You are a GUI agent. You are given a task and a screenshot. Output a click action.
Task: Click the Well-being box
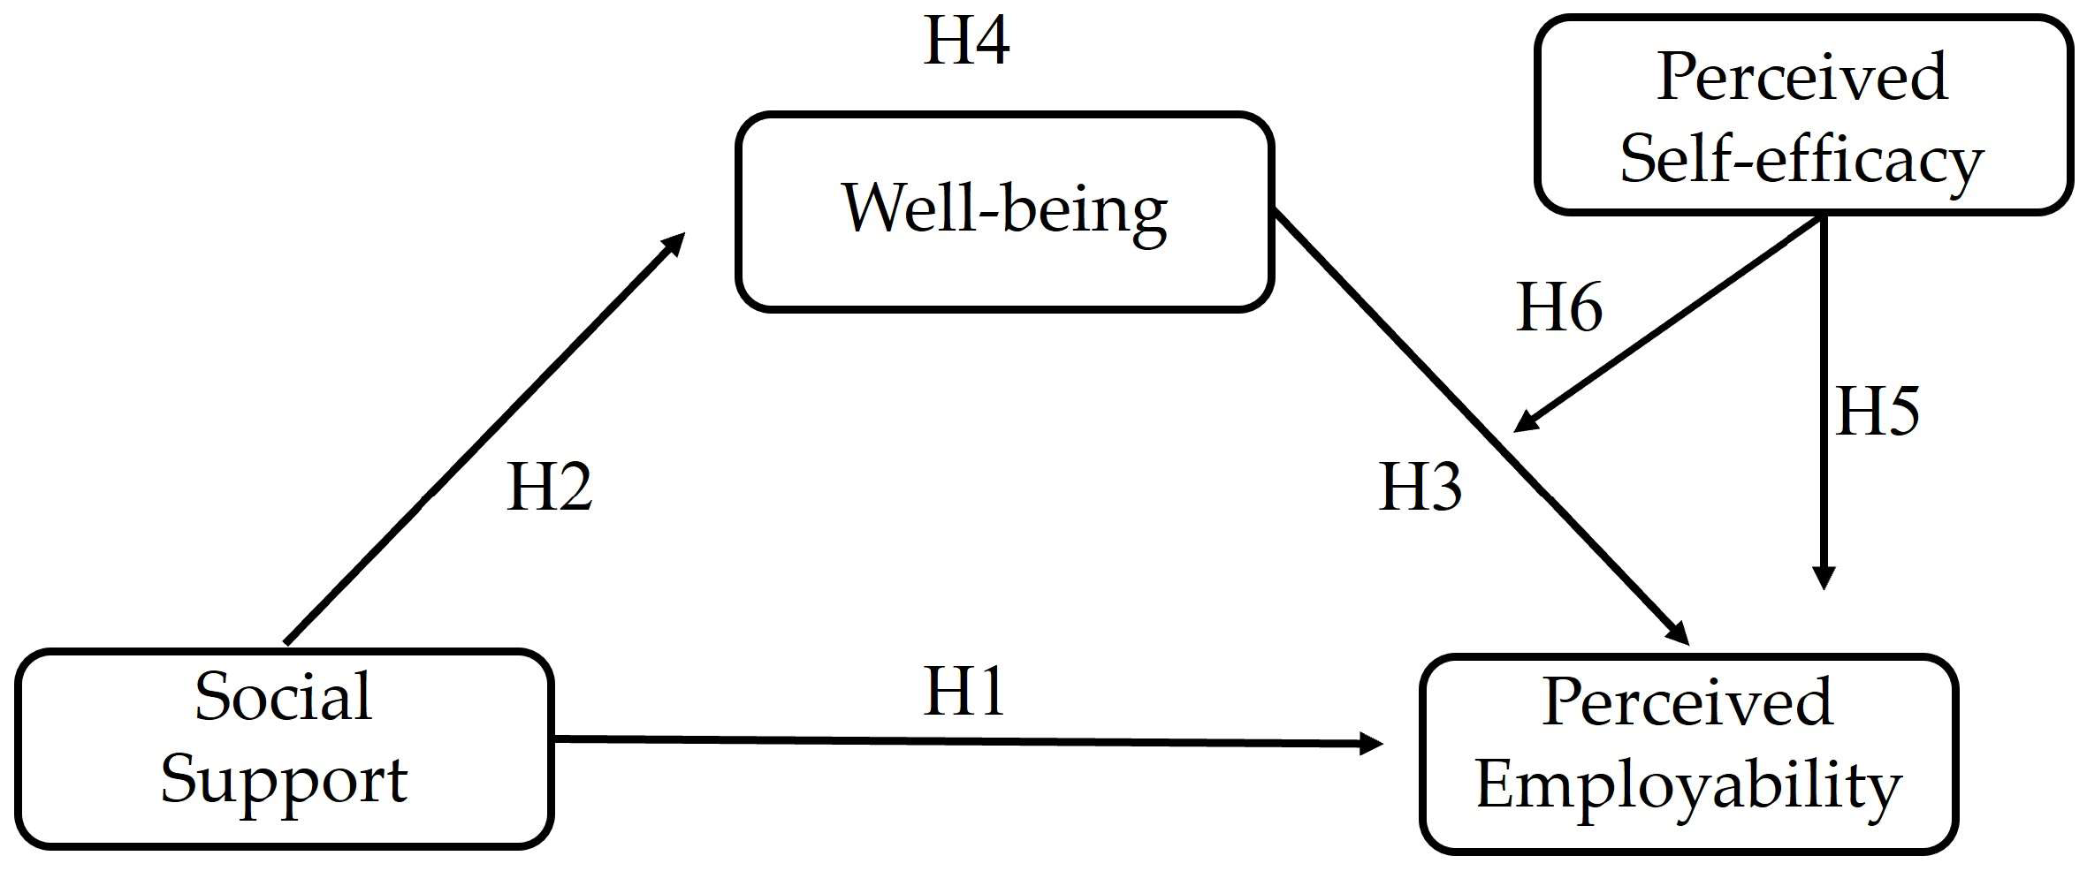pyautogui.click(x=1004, y=212)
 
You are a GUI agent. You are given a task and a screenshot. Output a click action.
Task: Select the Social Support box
pyautogui.click(x=284, y=749)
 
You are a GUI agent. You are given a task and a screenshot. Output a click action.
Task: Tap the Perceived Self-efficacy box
pyautogui.click(x=1803, y=115)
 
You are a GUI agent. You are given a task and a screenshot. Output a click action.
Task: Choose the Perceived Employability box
pyautogui.click(x=1688, y=754)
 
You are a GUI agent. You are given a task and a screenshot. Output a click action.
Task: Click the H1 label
pyautogui.click(x=964, y=693)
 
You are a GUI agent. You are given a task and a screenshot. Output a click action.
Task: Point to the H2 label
pyautogui.click(x=549, y=488)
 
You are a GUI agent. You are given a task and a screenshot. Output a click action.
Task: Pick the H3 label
pyautogui.click(x=1421, y=488)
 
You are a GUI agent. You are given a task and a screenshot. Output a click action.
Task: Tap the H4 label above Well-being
pyautogui.click(x=966, y=41)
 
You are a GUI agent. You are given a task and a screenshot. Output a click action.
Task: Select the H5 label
pyautogui.click(x=1877, y=413)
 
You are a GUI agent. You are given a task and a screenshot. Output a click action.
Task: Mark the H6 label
pyautogui.click(x=1559, y=308)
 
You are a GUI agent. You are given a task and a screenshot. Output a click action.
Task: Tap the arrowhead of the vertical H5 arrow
pyautogui.click(x=1824, y=579)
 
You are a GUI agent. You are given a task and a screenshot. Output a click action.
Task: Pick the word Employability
pyautogui.click(x=1688, y=786)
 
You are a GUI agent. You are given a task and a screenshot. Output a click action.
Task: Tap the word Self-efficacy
pyautogui.click(x=1801, y=161)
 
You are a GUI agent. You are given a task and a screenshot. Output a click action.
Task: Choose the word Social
pyautogui.click(x=284, y=698)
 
